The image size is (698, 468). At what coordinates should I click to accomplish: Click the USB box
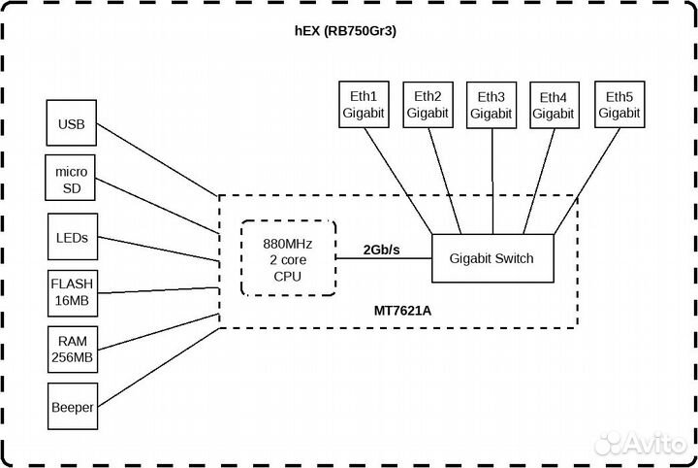[72, 124]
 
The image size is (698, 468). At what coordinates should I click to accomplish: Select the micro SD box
[72, 178]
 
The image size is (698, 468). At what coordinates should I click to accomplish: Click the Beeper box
[72, 408]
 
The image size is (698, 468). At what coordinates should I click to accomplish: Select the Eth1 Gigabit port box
[364, 105]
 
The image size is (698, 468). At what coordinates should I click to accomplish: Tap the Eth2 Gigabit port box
[428, 105]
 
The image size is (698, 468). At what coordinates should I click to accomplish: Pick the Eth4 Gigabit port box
[554, 105]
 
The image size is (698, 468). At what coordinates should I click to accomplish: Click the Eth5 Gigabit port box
[619, 105]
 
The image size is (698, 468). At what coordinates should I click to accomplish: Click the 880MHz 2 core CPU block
[288, 257]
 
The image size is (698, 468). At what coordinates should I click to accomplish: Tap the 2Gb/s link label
[382, 250]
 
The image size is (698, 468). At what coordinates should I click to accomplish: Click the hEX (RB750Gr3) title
[349, 32]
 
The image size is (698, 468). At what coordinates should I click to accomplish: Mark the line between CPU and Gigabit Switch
[383, 259]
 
